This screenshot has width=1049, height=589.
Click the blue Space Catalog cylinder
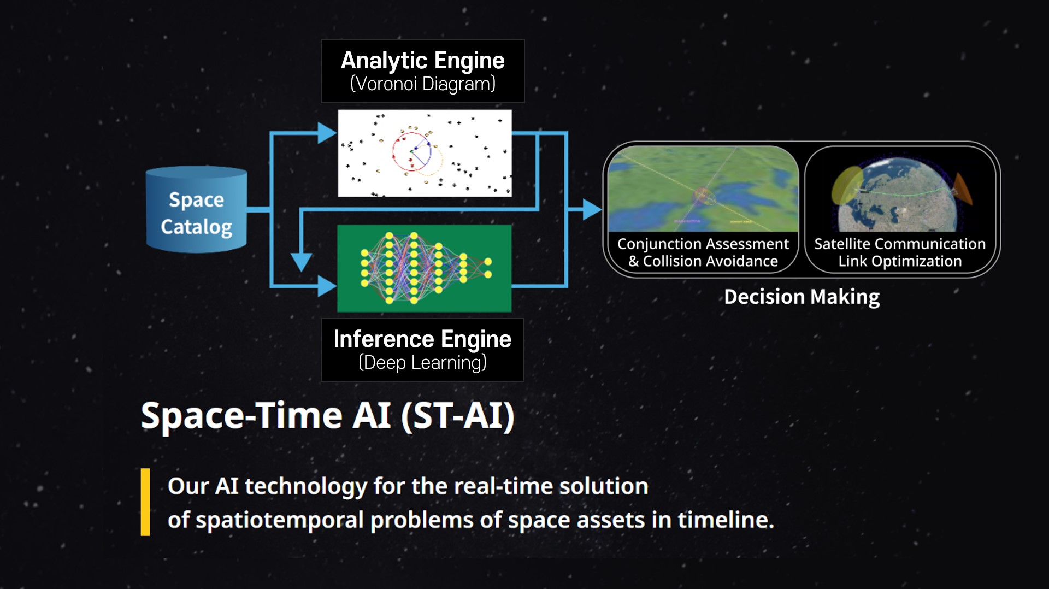pyautogui.click(x=197, y=210)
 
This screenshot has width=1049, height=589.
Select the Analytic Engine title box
pyautogui.click(x=422, y=71)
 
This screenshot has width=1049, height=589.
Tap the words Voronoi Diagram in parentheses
pyautogui.click(x=422, y=84)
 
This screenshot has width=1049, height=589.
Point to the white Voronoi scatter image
pyautogui.click(x=425, y=153)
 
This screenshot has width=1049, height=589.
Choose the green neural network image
pyautogui.click(x=425, y=268)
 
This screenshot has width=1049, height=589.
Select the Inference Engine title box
pyautogui.click(x=422, y=350)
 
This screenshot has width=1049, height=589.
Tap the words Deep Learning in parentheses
pyautogui.click(x=422, y=363)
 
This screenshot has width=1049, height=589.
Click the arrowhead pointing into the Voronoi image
pyautogui.click(x=327, y=133)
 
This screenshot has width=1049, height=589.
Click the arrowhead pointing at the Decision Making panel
pyautogui.click(x=592, y=209)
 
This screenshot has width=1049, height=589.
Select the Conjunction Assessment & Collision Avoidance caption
pyautogui.click(x=703, y=252)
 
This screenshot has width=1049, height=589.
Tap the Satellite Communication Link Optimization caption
pyautogui.click(x=900, y=252)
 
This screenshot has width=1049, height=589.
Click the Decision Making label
pyautogui.click(x=802, y=297)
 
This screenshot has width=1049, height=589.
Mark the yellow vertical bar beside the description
pyautogui.click(x=145, y=502)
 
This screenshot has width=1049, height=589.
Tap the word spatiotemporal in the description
pyautogui.click(x=280, y=520)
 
